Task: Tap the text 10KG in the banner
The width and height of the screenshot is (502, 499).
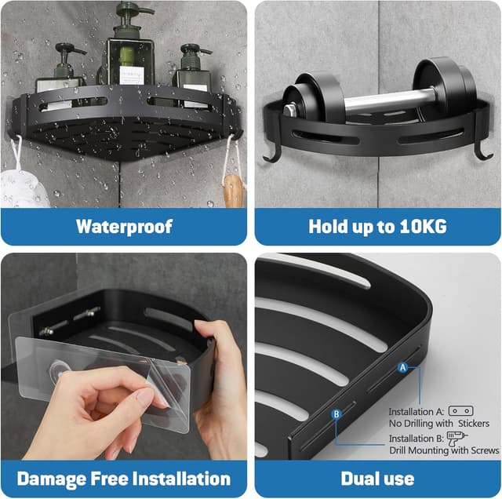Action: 422,227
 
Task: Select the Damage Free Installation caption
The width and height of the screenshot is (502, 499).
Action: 124,479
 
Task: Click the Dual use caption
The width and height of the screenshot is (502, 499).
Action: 378,479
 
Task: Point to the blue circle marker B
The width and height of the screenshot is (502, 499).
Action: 336,413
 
